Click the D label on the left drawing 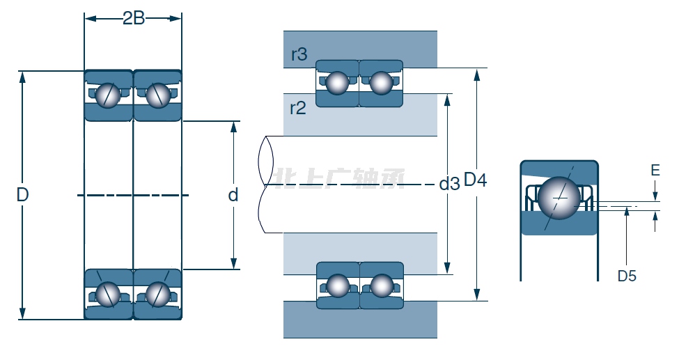tap(22, 195)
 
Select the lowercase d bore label tap(233, 195)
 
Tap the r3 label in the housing tap(299, 54)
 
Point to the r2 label tap(297, 108)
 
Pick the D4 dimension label tap(476, 180)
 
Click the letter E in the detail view tap(655, 171)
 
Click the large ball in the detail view tap(559, 197)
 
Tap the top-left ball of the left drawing tap(108, 95)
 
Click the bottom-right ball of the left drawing tap(157, 294)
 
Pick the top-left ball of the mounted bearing tap(338, 83)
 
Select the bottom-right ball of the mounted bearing tap(382, 285)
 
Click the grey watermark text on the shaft tap(341, 180)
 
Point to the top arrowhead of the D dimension tap(23, 77)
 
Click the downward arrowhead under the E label tap(655, 195)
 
